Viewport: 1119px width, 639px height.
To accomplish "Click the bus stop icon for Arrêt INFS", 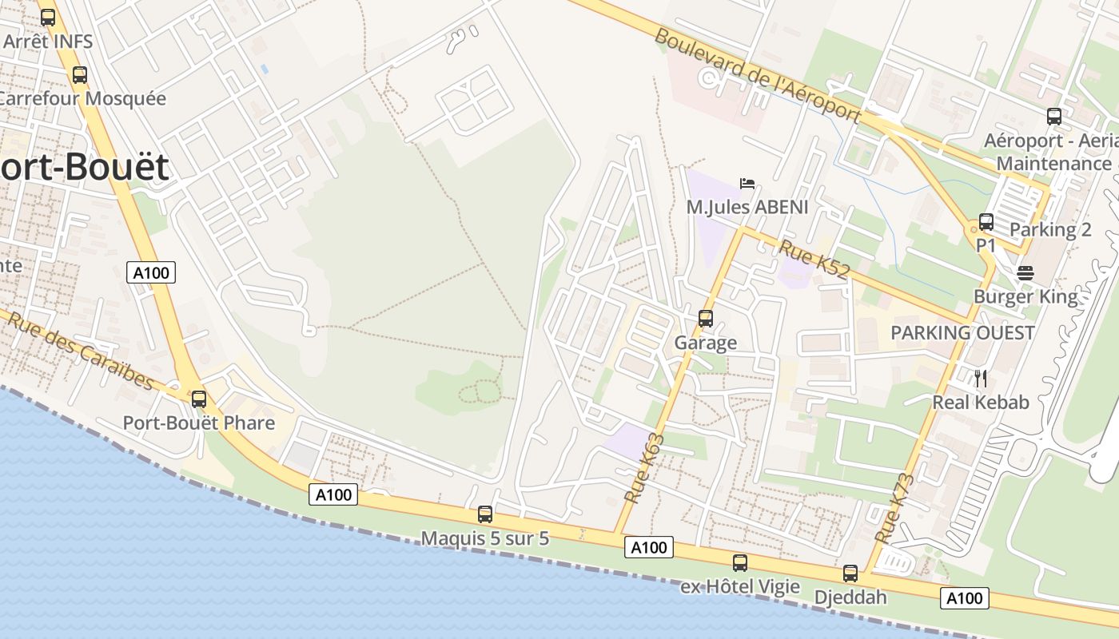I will pos(48,18).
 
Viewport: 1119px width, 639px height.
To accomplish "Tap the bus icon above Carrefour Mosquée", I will pos(80,75).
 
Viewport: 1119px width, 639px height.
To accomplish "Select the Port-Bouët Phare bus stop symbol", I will pos(198,399).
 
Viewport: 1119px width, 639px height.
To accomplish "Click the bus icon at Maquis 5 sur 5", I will pos(484,514).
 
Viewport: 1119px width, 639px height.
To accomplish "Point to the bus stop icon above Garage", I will pos(705,319).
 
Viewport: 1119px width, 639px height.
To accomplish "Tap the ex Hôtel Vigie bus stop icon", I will pos(740,563).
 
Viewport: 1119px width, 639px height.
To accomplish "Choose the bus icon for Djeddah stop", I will pos(850,574).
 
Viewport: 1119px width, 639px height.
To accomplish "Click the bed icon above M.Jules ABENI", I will pos(747,184).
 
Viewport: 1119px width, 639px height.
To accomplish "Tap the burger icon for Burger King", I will pos(1025,273).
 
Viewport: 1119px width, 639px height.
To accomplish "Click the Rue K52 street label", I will pos(814,259).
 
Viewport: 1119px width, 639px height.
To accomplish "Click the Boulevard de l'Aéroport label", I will pos(757,76).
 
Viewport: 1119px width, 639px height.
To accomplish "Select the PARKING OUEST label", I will pos(962,332).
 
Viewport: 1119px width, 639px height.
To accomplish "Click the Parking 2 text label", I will pos(1050,229).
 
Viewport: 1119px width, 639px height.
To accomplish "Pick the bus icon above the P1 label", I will pos(986,222).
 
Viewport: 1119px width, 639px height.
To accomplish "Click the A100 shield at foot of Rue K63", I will pos(648,547).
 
